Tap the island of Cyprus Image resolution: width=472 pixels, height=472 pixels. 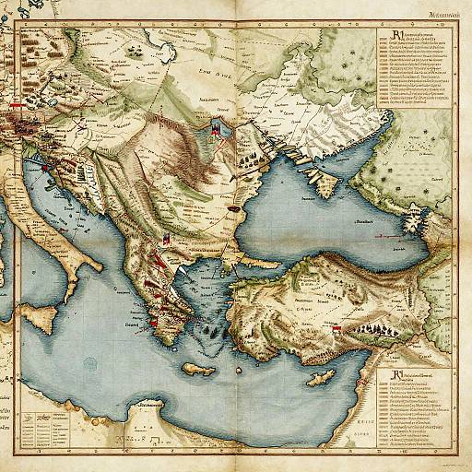[x=320, y=379]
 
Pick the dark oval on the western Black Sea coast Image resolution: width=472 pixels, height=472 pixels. [x=235, y=209]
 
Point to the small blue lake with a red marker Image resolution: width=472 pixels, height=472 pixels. [x=217, y=132]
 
